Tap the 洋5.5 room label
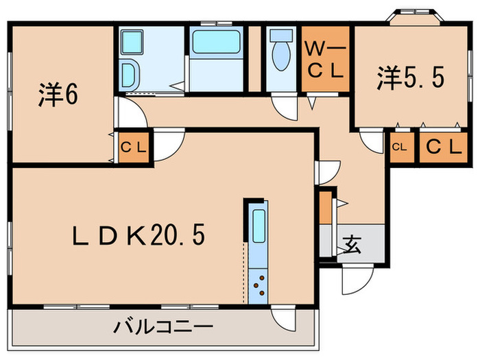pos(409,77)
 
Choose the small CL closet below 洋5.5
pos(400,147)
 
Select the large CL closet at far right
pos(439,146)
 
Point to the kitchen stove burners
pos(259,285)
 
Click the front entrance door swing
pos(357,277)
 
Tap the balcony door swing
pos(284,317)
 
